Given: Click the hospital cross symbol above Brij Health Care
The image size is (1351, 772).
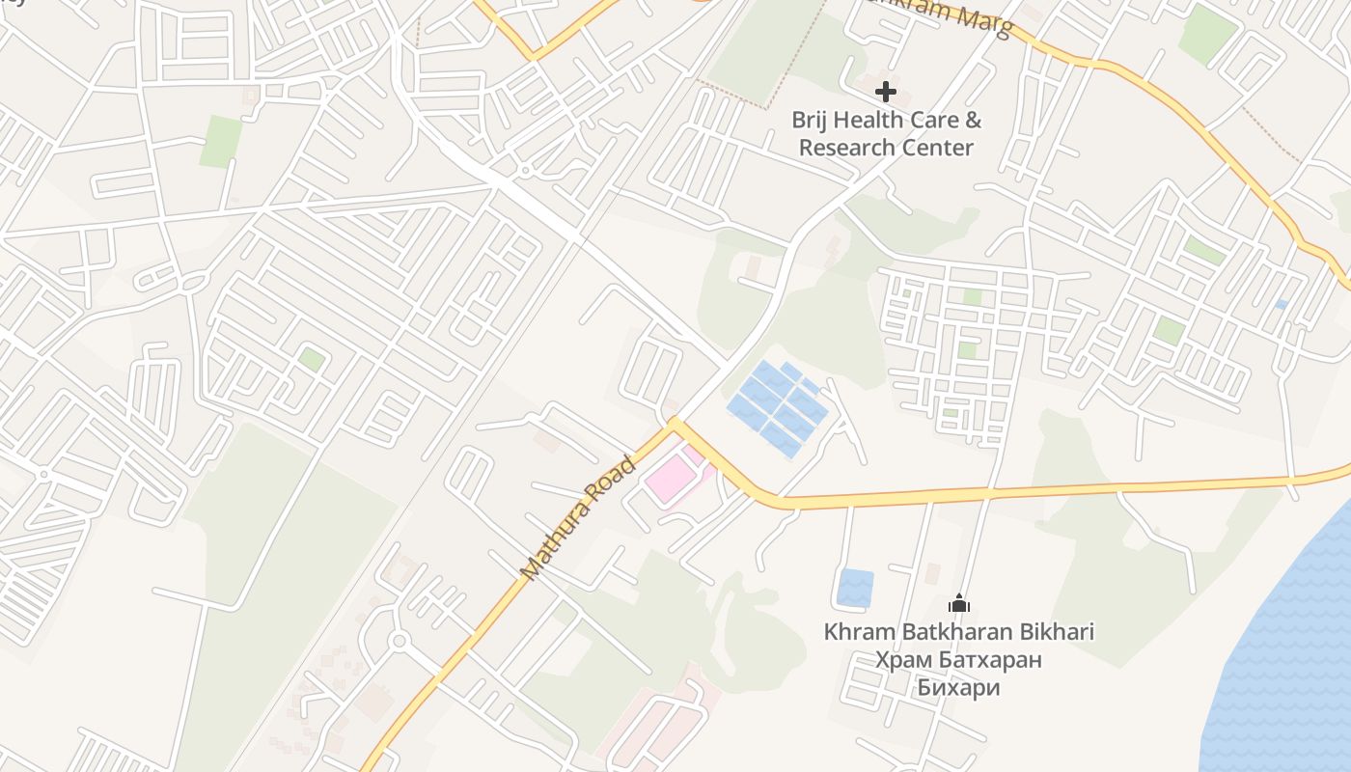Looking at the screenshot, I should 885,93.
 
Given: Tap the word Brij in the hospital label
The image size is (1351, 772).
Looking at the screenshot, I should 811,121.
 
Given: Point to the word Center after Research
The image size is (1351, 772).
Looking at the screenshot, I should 935,148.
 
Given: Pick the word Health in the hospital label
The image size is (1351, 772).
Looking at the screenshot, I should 871,121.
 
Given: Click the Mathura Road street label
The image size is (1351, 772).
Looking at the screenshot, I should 578,518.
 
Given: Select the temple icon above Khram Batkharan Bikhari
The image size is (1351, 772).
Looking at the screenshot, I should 958,604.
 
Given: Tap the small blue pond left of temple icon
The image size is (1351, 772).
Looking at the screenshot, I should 855,588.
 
